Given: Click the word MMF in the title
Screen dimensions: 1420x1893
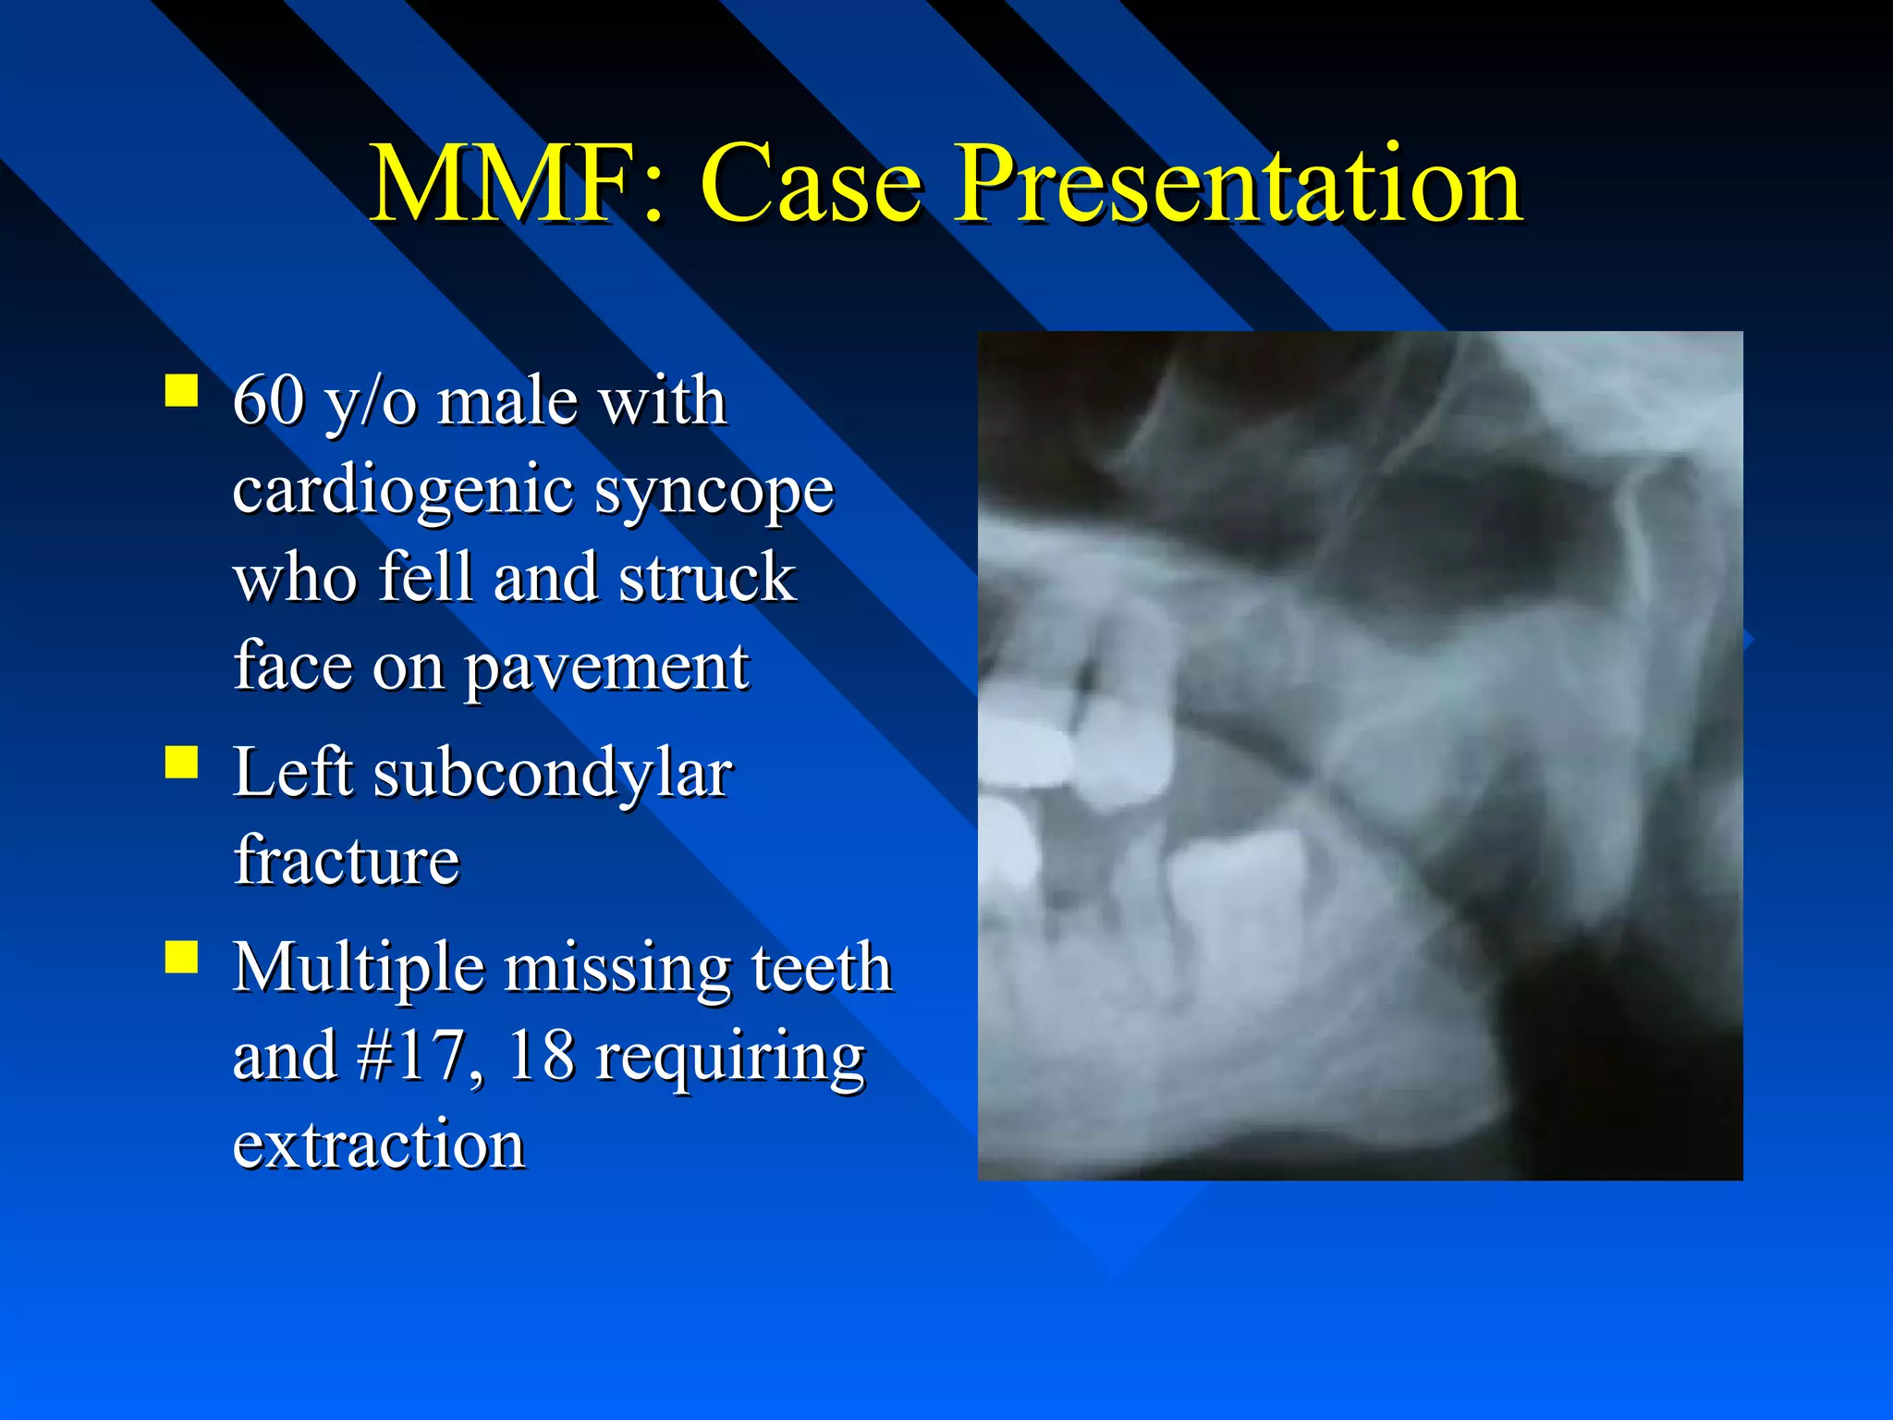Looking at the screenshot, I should [x=503, y=185].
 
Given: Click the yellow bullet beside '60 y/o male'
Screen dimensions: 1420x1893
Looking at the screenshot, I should [x=181, y=390].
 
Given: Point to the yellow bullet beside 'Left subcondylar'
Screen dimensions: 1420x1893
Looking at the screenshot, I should [x=181, y=764].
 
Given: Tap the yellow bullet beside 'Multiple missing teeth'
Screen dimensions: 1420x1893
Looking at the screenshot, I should [x=181, y=958].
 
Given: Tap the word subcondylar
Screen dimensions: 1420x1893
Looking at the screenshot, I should [x=552, y=773].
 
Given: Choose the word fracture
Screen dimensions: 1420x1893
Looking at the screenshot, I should [x=346, y=861].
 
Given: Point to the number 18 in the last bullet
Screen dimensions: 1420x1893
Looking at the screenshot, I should [x=541, y=1056].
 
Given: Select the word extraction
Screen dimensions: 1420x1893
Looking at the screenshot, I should [x=379, y=1145].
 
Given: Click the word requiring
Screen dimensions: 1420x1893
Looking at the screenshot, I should [x=730, y=1058].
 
